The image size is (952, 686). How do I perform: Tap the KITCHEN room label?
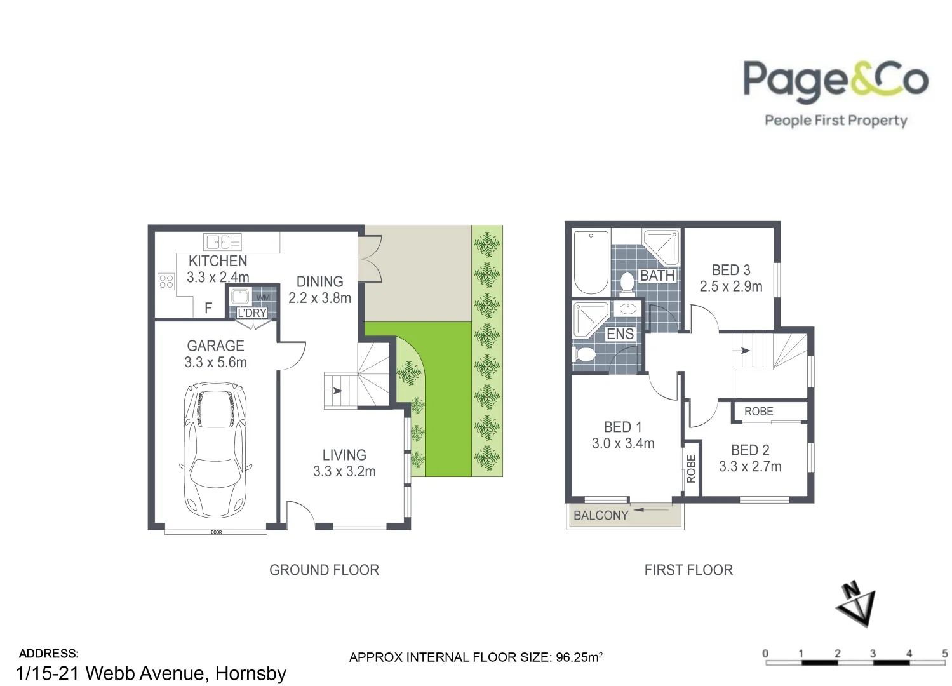[x=218, y=261]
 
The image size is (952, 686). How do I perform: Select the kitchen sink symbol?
[x=222, y=241]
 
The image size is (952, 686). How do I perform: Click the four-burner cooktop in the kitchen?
[x=166, y=281]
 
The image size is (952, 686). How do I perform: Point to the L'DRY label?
[x=252, y=313]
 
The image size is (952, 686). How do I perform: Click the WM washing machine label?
[x=263, y=297]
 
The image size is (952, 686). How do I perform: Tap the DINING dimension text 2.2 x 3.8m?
[x=319, y=298]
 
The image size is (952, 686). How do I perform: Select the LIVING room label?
[x=344, y=455]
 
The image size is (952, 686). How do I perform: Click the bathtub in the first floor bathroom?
[x=591, y=262]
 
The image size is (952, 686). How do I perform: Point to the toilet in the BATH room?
[x=627, y=283]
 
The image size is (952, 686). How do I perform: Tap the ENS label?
[x=620, y=334]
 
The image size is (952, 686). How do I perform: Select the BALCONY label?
[x=600, y=515]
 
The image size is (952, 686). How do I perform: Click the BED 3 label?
[x=731, y=270]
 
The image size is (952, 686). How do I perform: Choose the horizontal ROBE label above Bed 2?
[x=758, y=412]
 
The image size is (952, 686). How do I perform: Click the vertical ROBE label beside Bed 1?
[x=692, y=469]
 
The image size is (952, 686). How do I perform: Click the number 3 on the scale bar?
[x=873, y=653]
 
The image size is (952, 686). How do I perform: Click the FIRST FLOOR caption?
[x=688, y=570]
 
